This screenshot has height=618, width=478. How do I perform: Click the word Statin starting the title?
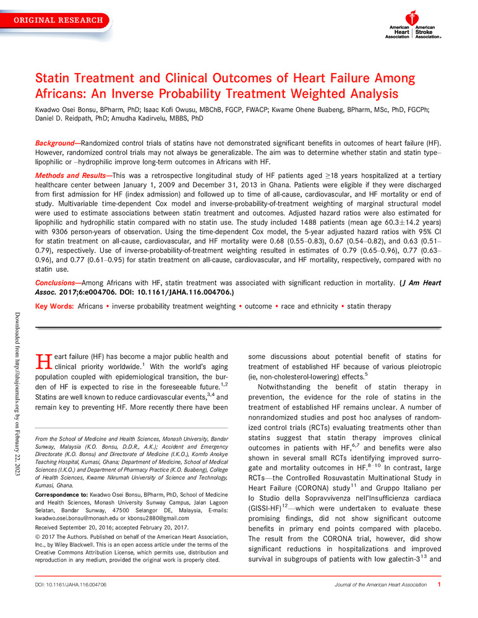point(53,80)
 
